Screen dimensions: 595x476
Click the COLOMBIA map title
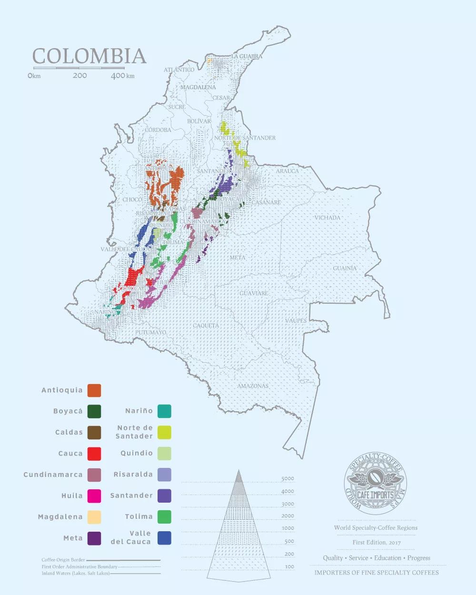[x=89, y=56]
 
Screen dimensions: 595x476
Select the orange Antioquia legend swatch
[x=94, y=390]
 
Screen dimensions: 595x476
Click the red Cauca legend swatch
[x=94, y=454]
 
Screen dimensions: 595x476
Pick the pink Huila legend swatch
[x=94, y=496]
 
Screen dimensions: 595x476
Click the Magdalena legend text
[x=60, y=517]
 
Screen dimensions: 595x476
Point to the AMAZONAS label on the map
[x=253, y=386]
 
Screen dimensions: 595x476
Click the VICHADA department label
[x=327, y=218]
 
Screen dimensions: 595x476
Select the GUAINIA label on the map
[x=344, y=268]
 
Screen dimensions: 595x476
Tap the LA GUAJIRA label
[x=247, y=57]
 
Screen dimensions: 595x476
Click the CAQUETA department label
[x=206, y=326]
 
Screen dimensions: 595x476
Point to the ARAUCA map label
[x=288, y=171]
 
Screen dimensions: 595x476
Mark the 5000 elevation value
[x=288, y=479]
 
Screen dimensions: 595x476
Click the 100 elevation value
[x=288, y=566]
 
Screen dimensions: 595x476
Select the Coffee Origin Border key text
[x=63, y=560]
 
